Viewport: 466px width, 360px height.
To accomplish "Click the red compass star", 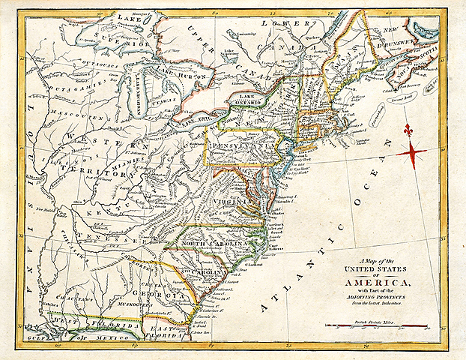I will click(411, 152).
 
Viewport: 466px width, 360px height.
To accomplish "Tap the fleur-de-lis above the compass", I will click(408, 130).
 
